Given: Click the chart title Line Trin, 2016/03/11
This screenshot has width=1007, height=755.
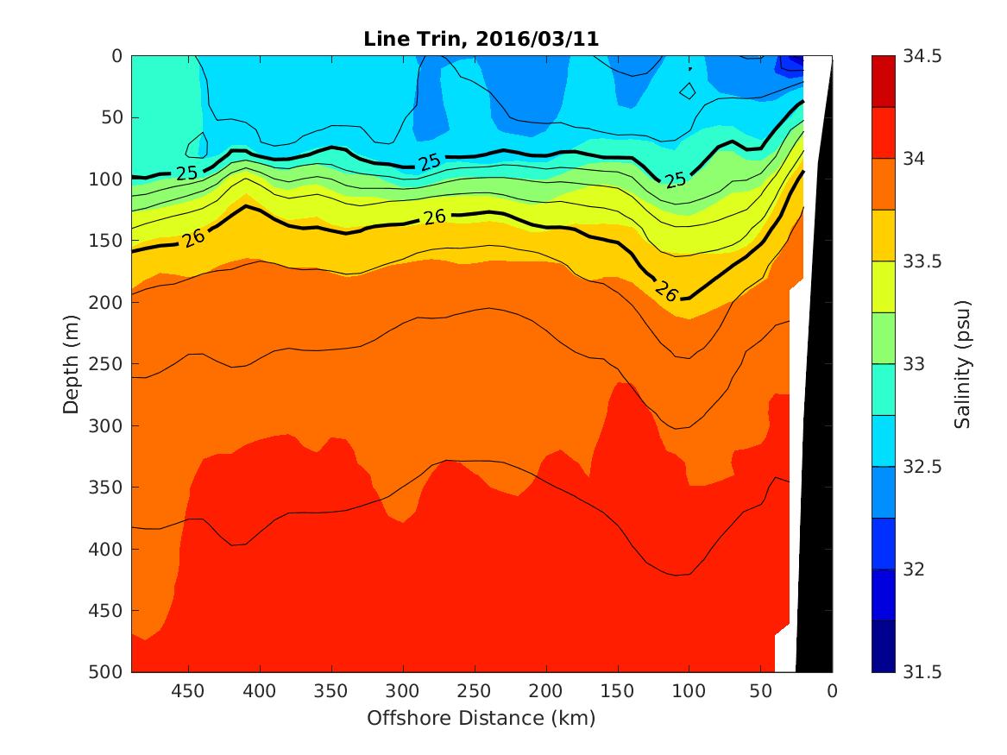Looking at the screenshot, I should pyautogui.click(x=481, y=38).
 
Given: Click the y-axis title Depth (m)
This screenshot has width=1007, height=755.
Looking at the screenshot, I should pyautogui.click(x=72, y=363).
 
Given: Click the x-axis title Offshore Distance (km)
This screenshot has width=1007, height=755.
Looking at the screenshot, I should pyautogui.click(x=481, y=718).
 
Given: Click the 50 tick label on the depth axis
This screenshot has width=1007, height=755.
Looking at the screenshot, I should pyautogui.click(x=116, y=117).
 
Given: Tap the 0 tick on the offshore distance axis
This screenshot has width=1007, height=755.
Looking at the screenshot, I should pyautogui.click(x=832, y=690).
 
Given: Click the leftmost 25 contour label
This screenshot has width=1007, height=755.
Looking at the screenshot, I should pyautogui.click(x=186, y=173).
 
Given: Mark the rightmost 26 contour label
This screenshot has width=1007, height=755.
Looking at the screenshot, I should pyautogui.click(x=665, y=292).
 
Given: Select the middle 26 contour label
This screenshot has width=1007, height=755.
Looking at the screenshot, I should pyautogui.click(x=434, y=217).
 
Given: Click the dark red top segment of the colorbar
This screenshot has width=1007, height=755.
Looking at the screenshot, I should pyautogui.click(x=883, y=81).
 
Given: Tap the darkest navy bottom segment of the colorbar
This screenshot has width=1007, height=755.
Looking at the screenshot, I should pyautogui.click(x=883, y=646).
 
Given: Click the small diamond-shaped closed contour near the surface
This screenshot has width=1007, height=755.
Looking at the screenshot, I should pyautogui.click(x=688, y=91).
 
